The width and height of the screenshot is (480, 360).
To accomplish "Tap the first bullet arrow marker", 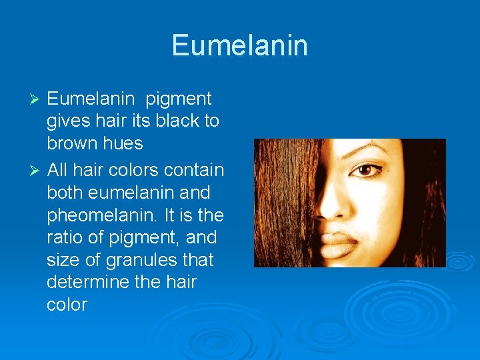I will pyautogui.click(x=37, y=99).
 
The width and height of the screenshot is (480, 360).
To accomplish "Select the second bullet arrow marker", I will pyautogui.click(x=37, y=170).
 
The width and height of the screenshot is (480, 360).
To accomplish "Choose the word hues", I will pyautogui.click(x=125, y=144).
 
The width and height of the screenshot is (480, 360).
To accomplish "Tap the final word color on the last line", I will pyautogui.click(x=67, y=305).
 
